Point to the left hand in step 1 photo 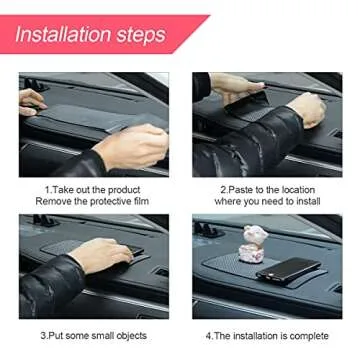click(x=30, y=101)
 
